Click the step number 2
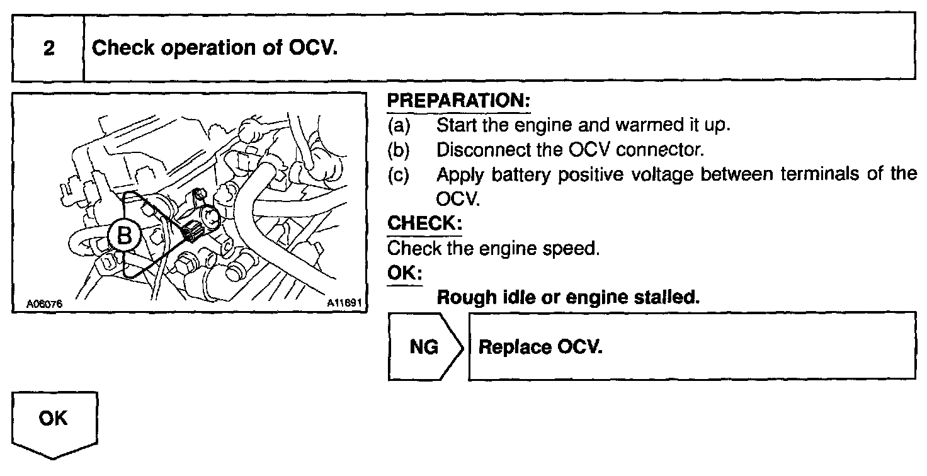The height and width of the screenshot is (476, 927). click(48, 48)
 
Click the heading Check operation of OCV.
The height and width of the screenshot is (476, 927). click(215, 48)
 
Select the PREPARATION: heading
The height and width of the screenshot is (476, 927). click(458, 101)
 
